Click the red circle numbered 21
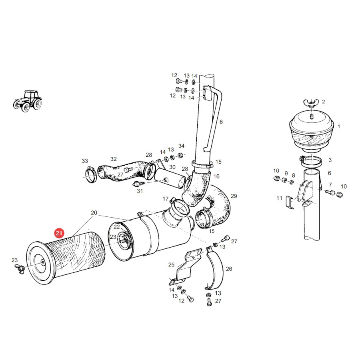[59, 233]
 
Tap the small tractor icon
[28, 101]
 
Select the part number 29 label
[234, 196]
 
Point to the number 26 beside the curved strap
[229, 269]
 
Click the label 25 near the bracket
[171, 265]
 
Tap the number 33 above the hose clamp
[85, 161]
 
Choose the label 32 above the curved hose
[114, 159]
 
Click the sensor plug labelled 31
[138, 184]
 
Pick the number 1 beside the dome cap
[339, 126]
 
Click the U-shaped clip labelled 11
[290, 202]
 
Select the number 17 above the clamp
[166, 199]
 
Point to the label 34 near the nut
[181, 146]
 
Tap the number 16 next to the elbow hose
[216, 176]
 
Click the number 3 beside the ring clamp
[330, 160]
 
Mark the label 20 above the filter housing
[94, 213]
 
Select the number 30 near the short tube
[172, 167]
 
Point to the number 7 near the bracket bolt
[330, 184]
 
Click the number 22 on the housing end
[117, 227]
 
